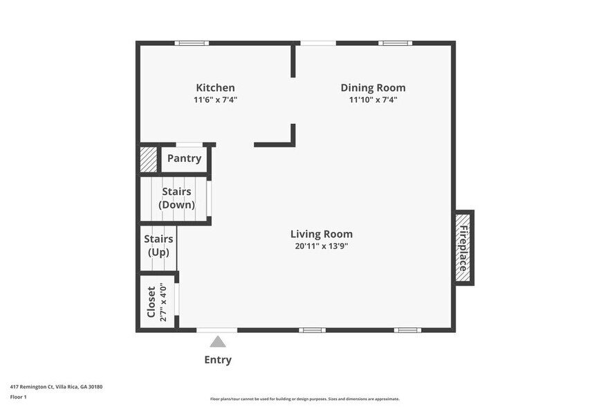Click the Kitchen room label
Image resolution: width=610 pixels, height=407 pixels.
click(x=215, y=88)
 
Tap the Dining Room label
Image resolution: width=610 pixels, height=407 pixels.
click(x=373, y=88)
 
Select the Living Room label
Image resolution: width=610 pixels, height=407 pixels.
click(x=322, y=234)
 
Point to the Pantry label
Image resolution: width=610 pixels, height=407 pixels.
click(x=184, y=159)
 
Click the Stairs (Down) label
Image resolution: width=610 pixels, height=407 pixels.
click(x=176, y=198)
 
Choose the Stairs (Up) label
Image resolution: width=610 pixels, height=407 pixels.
click(x=158, y=246)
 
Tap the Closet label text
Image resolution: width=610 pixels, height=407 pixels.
click(x=151, y=302)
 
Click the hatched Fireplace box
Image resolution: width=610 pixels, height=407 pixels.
click(x=463, y=248)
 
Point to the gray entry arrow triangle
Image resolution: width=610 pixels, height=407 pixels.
click(x=218, y=341)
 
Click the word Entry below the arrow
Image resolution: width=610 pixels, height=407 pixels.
click(x=218, y=360)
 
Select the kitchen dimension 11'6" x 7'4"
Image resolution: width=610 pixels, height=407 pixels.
click(x=215, y=100)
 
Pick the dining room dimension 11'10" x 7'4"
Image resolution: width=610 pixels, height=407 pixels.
click(x=373, y=100)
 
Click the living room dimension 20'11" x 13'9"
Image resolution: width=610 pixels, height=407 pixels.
click(x=322, y=246)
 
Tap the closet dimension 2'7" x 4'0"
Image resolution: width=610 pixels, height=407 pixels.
click(x=163, y=302)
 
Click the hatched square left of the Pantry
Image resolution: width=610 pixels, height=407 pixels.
click(x=148, y=159)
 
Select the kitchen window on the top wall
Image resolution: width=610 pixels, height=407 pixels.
click(x=192, y=43)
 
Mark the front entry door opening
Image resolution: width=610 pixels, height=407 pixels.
click(x=216, y=330)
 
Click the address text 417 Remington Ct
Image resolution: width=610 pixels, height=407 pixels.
click(x=32, y=387)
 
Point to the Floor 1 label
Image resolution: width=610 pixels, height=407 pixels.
click(x=18, y=397)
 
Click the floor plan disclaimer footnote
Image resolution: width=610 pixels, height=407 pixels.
click(x=304, y=399)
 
